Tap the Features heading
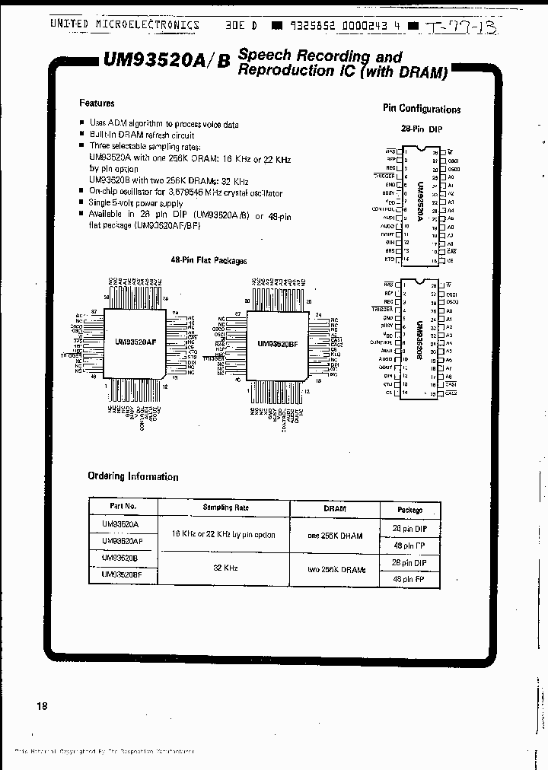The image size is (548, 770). point(97,103)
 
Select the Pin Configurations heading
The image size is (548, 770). point(421,109)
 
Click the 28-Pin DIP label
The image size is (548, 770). point(421,129)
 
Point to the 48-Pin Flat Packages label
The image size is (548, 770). point(209,260)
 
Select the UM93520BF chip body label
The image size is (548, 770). point(277,344)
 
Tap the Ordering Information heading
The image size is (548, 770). point(132,476)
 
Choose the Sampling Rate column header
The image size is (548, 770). point(226,507)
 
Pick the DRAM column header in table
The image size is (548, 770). point(335,508)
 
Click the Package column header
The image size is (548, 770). point(410,510)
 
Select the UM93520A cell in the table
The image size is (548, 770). point(119,524)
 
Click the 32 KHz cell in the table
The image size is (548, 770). point(225,568)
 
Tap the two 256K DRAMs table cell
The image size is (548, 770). point(335,570)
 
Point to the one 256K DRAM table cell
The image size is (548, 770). point(335,535)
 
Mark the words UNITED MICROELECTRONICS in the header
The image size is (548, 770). point(124,25)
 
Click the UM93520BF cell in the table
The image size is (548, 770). point(122,576)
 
